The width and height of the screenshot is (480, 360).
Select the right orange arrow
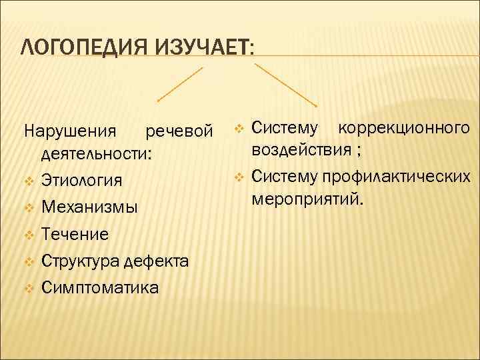click(x=286, y=84)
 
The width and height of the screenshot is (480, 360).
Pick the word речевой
click(x=183, y=129)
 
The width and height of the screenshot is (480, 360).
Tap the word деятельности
click(x=96, y=154)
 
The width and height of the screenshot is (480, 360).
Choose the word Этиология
click(x=81, y=181)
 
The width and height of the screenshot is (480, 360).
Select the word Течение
click(x=74, y=234)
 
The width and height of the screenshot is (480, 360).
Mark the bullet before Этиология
click(x=27, y=181)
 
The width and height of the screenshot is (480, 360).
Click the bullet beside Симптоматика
click(x=27, y=288)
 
